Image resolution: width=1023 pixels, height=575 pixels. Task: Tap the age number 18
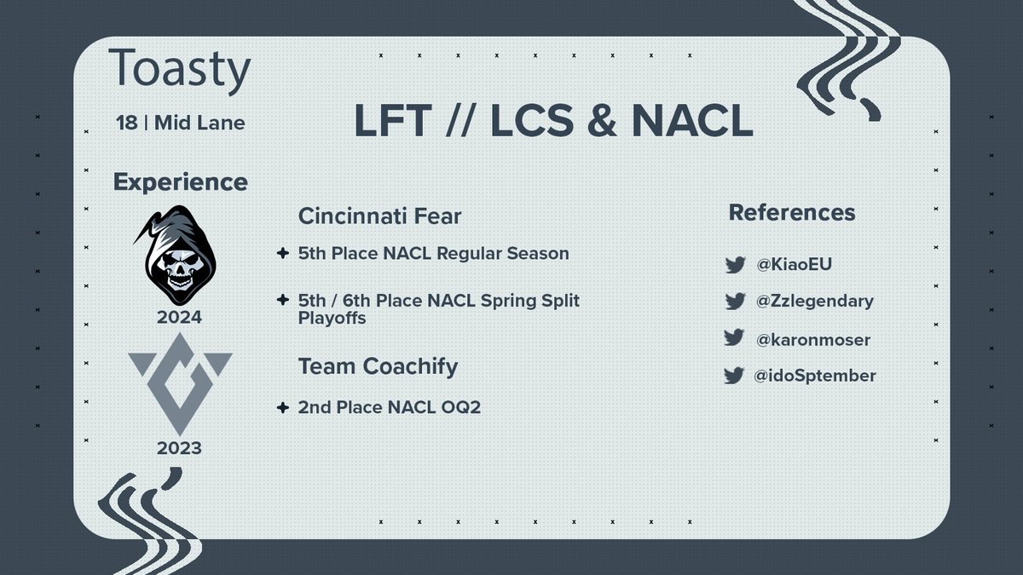click(x=126, y=123)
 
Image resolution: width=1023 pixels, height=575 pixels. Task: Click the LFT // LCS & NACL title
click(x=553, y=124)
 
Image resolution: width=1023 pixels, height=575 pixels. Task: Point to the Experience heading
click(x=180, y=181)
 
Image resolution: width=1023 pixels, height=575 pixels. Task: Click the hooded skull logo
click(x=180, y=255)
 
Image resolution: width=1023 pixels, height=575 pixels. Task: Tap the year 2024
click(x=179, y=318)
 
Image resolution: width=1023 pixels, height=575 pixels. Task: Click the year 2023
click(x=179, y=446)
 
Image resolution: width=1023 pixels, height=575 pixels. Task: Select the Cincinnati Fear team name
click(x=379, y=216)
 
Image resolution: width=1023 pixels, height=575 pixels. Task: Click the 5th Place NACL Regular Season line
click(x=433, y=254)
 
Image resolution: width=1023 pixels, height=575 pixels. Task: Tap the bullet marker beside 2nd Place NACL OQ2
click(x=282, y=408)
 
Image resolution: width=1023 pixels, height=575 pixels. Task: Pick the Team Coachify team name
click(x=378, y=366)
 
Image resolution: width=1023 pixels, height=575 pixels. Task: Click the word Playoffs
click(x=332, y=318)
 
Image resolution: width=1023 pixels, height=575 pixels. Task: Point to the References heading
click(x=791, y=212)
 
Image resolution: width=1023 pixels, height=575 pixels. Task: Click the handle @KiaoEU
click(x=793, y=265)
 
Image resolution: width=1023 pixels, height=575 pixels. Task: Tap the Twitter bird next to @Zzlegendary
click(x=735, y=301)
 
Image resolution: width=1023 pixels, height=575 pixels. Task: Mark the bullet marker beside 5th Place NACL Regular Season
click(x=282, y=254)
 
